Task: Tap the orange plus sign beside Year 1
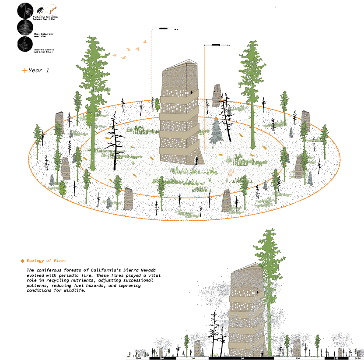24,70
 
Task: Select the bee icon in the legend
40,10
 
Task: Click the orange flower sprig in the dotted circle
52,10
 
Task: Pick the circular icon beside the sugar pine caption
25,27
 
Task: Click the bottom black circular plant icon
25,44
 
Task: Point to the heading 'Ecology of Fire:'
46,261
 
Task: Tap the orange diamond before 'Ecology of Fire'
22,261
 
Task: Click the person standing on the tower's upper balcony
191,93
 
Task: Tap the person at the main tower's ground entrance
196,161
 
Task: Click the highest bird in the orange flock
144,42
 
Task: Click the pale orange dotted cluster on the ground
231,173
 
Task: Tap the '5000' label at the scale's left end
138,358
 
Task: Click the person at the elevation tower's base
262,353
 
